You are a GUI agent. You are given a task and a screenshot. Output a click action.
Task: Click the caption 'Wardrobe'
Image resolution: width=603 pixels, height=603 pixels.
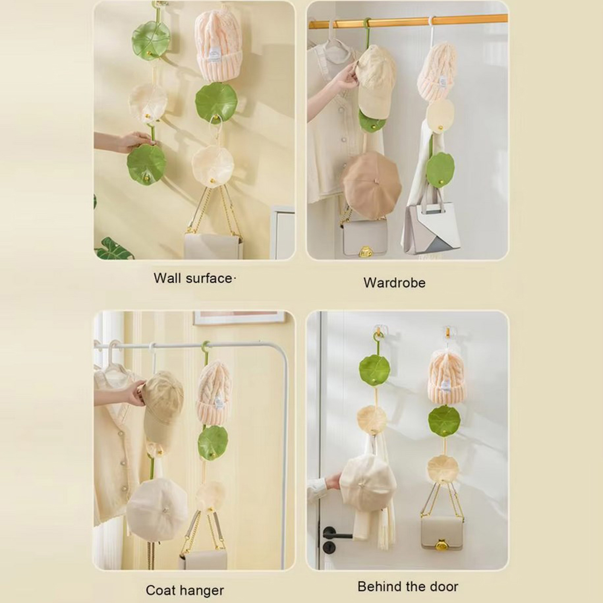pyautogui.click(x=394, y=283)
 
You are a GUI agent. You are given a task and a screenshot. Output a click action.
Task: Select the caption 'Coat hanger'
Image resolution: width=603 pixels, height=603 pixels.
pyautogui.click(x=185, y=590)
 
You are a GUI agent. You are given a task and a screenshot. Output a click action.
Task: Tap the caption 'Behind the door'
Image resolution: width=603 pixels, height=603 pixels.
pyautogui.click(x=408, y=586)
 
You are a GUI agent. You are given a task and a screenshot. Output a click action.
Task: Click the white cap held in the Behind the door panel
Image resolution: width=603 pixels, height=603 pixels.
pyautogui.click(x=369, y=479)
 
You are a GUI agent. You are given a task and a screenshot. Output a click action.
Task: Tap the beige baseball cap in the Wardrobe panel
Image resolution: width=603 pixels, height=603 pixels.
pyautogui.click(x=375, y=81)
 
